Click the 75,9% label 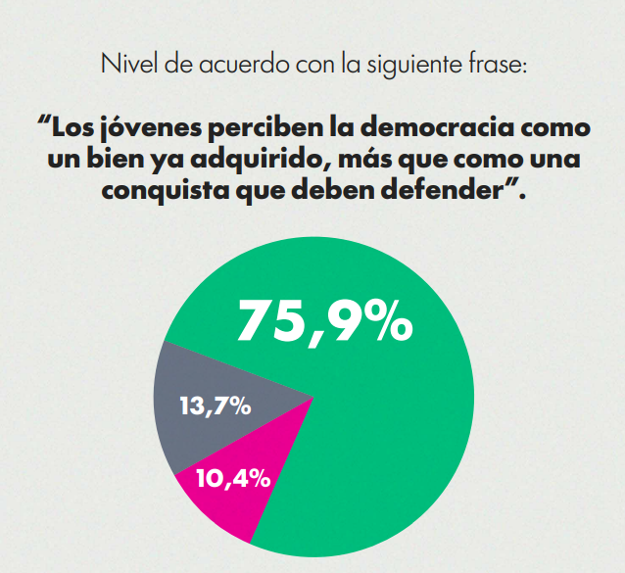[x=324, y=320]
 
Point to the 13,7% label [x=216, y=406]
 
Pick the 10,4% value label [x=233, y=479]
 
